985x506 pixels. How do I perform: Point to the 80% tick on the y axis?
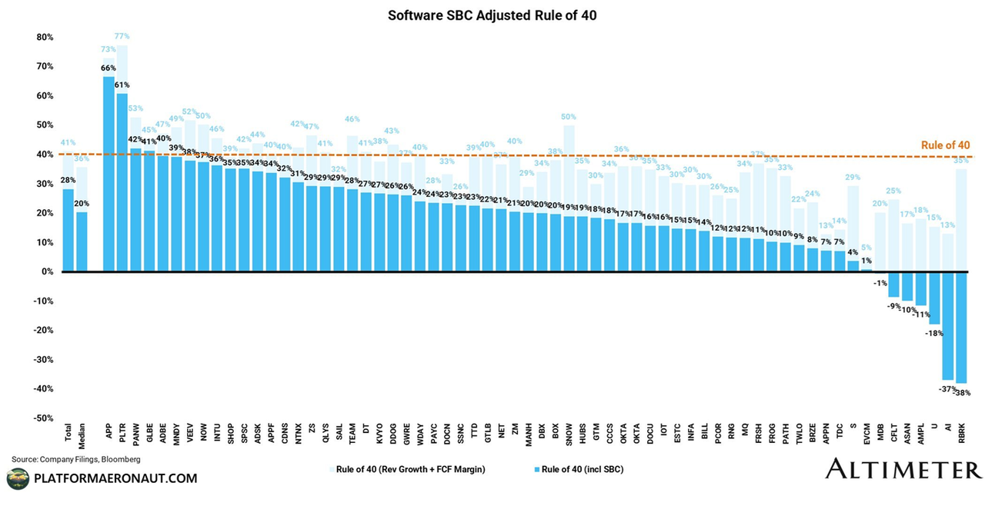pos(43,37)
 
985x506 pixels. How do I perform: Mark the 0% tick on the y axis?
pos(46,271)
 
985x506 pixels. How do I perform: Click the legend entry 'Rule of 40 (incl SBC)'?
pos(576,469)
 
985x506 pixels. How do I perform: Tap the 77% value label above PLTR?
pos(122,36)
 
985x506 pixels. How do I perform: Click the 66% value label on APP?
pos(109,68)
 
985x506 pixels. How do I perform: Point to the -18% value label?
pos(934,333)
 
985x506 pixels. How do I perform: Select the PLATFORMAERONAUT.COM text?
pos(116,478)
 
